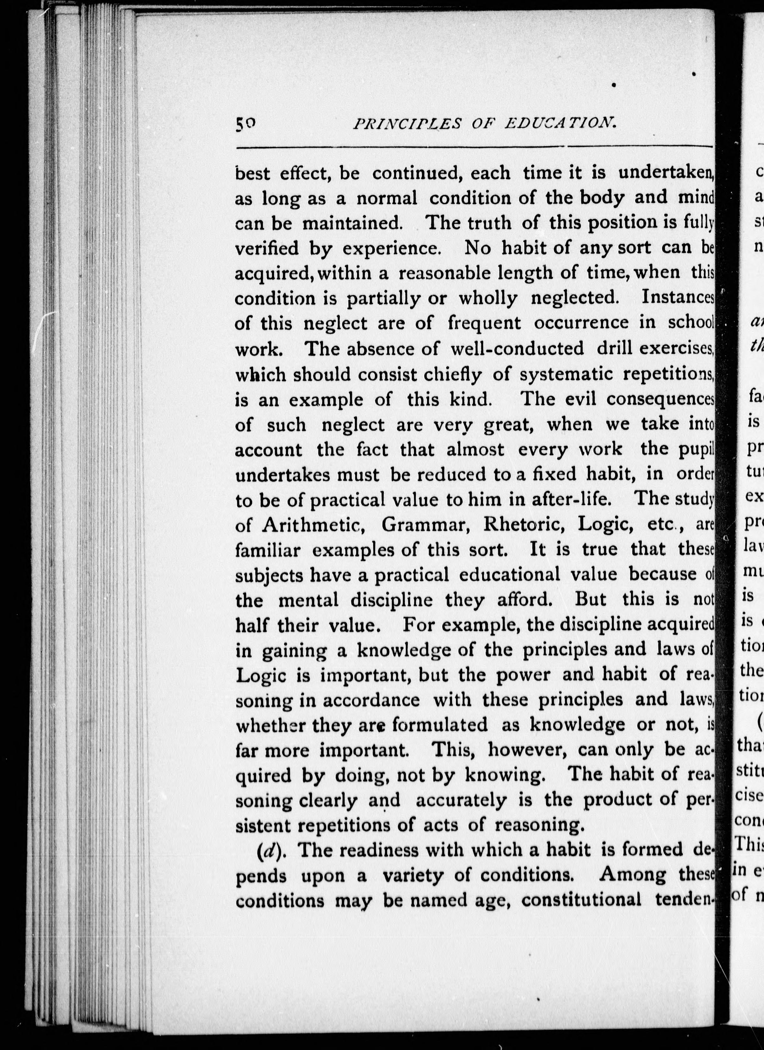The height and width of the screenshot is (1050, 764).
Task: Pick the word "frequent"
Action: click(x=484, y=323)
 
